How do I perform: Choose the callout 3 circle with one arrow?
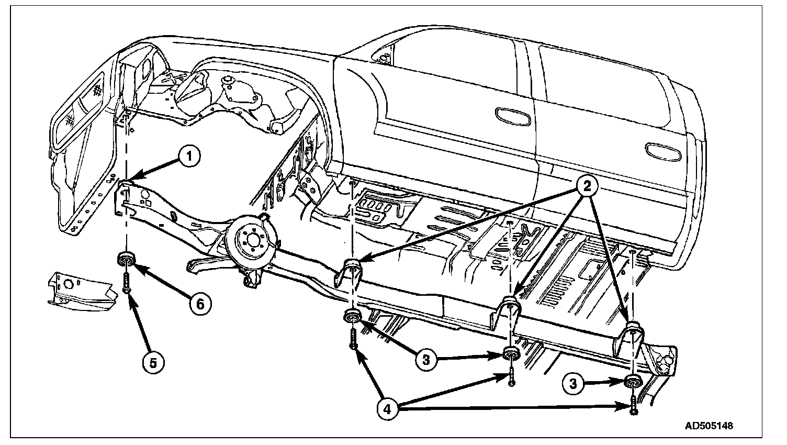click(574, 384)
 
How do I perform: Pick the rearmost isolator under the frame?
click(634, 382)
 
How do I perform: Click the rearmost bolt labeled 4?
click(634, 406)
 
